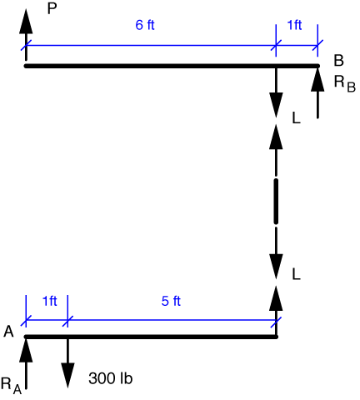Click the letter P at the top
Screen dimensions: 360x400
point(52,9)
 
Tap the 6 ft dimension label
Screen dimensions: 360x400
point(145,25)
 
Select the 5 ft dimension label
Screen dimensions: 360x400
point(171,301)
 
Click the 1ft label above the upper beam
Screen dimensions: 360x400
point(294,25)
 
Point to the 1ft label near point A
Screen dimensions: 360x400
point(50,301)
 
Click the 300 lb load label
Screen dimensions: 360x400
point(111,378)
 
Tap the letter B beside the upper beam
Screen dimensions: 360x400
point(339,61)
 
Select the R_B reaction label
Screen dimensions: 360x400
point(345,84)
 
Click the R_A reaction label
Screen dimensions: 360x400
point(11,386)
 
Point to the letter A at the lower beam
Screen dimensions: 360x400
point(8,332)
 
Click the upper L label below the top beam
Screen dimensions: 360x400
point(297,118)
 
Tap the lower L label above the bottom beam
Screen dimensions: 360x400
point(297,274)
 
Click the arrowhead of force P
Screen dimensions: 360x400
point(26,22)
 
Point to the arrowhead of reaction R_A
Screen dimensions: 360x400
point(26,350)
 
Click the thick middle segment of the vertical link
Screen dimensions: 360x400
point(276,202)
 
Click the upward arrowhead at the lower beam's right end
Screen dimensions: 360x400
point(276,298)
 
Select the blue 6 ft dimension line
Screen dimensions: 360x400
point(151,45)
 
